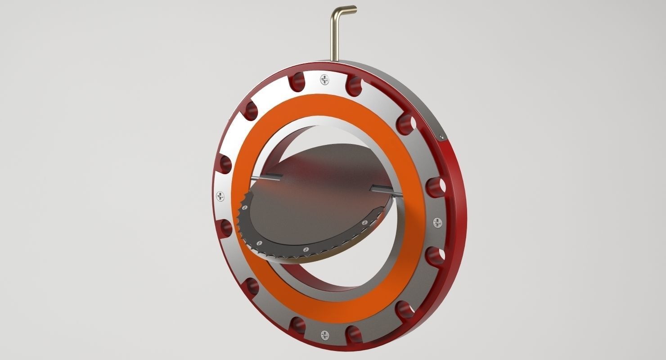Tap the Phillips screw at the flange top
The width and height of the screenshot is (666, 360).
(325, 80)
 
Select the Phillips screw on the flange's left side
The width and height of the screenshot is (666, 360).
(220, 196)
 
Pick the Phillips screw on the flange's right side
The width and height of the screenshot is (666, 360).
(437, 222)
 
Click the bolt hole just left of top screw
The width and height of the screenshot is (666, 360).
(297, 82)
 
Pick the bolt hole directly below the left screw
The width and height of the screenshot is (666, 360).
(226, 227)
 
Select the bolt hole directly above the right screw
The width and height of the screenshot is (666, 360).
(433, 186)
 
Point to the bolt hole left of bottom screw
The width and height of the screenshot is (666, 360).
(297, 325)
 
